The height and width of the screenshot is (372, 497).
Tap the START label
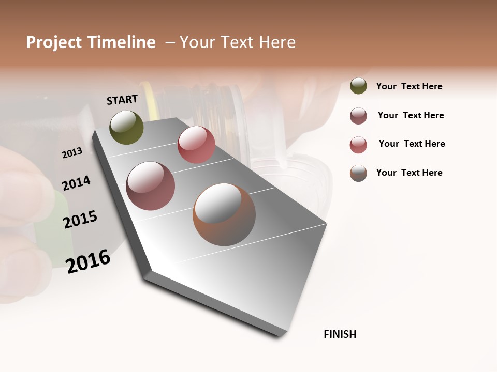click(122, 100)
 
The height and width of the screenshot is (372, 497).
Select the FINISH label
click(340, 334)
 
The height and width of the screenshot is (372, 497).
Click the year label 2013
click(72, 152)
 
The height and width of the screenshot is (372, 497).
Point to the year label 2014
click(76, 183)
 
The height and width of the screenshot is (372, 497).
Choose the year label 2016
click(88, 261)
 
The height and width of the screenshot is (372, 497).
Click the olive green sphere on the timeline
click(126, 127)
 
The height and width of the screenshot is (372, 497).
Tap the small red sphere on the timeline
click(196, 145)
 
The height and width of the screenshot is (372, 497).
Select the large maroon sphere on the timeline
click(151, 186)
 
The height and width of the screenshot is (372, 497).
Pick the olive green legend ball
click(358, 86)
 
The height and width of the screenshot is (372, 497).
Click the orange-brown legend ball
click(358, 173)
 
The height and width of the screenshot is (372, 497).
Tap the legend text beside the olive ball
click(409, 86)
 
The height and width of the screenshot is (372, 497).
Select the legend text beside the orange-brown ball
click(409, 173)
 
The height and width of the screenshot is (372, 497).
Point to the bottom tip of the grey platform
click(283, 335)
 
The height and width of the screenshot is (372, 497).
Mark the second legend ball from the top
click(358, 116)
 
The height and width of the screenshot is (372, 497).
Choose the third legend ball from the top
click(358, 145)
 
